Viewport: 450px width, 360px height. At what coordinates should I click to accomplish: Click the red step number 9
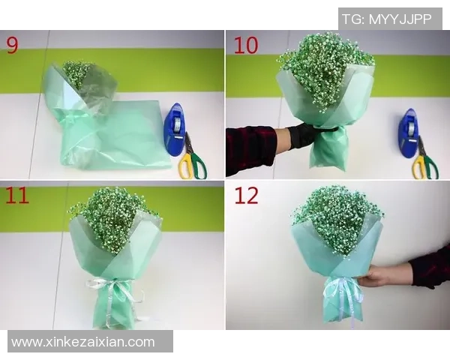pos(13,45)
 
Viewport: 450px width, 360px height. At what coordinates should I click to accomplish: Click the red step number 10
pos(245,45)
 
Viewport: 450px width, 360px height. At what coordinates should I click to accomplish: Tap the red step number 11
pos(17,196)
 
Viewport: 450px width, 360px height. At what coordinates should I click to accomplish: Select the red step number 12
pos(247,196)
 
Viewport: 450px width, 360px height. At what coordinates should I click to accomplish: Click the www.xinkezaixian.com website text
pos(83,342)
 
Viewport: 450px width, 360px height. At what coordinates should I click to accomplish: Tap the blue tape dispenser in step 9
pos(175,128)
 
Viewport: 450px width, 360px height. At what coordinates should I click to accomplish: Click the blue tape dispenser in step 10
pos(409,132)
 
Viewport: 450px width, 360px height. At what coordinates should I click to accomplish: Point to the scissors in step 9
pos(192,159)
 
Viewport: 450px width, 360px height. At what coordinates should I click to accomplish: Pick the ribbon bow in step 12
pos(342,288)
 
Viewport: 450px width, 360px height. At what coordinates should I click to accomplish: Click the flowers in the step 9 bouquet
pos(76,73)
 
